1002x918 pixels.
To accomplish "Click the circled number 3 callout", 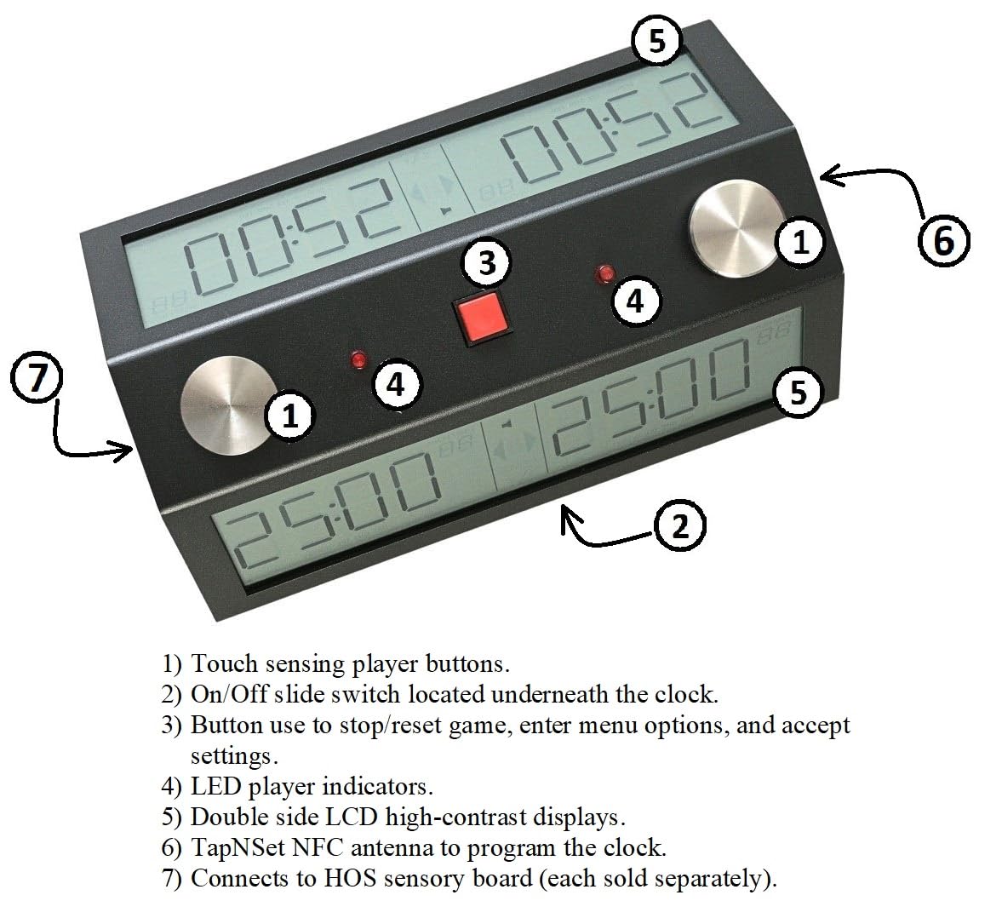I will coord(486,263).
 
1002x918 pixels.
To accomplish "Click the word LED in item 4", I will coord(215,786).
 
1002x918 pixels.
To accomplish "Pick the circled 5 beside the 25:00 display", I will coord(797,393).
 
